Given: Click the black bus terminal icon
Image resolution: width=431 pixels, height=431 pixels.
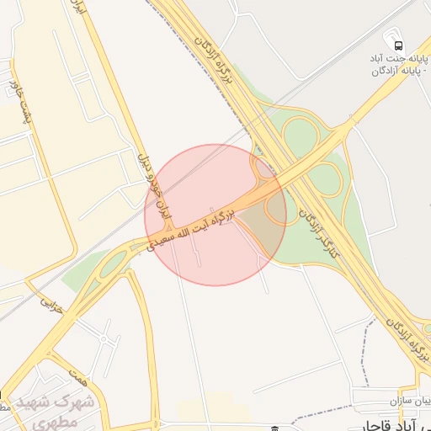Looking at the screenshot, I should (x=395, y=42).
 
